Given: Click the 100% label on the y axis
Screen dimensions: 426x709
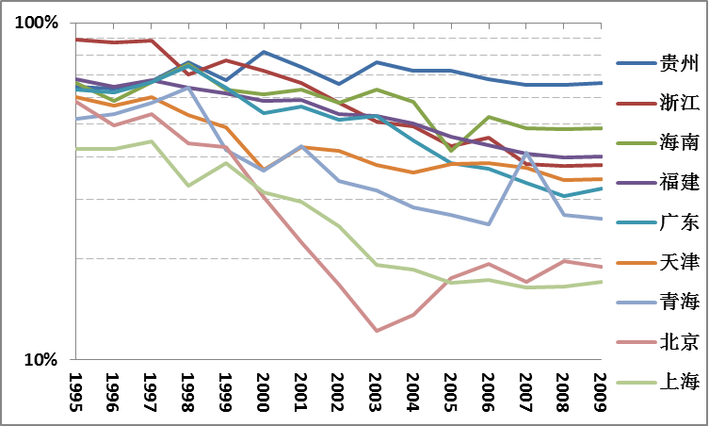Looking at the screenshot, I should click(x=38, y=22).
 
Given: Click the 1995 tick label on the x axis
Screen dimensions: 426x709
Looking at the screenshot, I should click(x=76, y=389).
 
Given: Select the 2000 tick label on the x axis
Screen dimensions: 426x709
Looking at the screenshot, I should click(x=264, y=389).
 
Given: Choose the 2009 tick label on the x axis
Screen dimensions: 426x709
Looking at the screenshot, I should click(x=600, y=389).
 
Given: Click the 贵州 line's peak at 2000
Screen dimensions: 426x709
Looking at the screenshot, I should click(x=264, y=52).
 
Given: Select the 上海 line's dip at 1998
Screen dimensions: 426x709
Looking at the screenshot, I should click(x=188, y=186).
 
